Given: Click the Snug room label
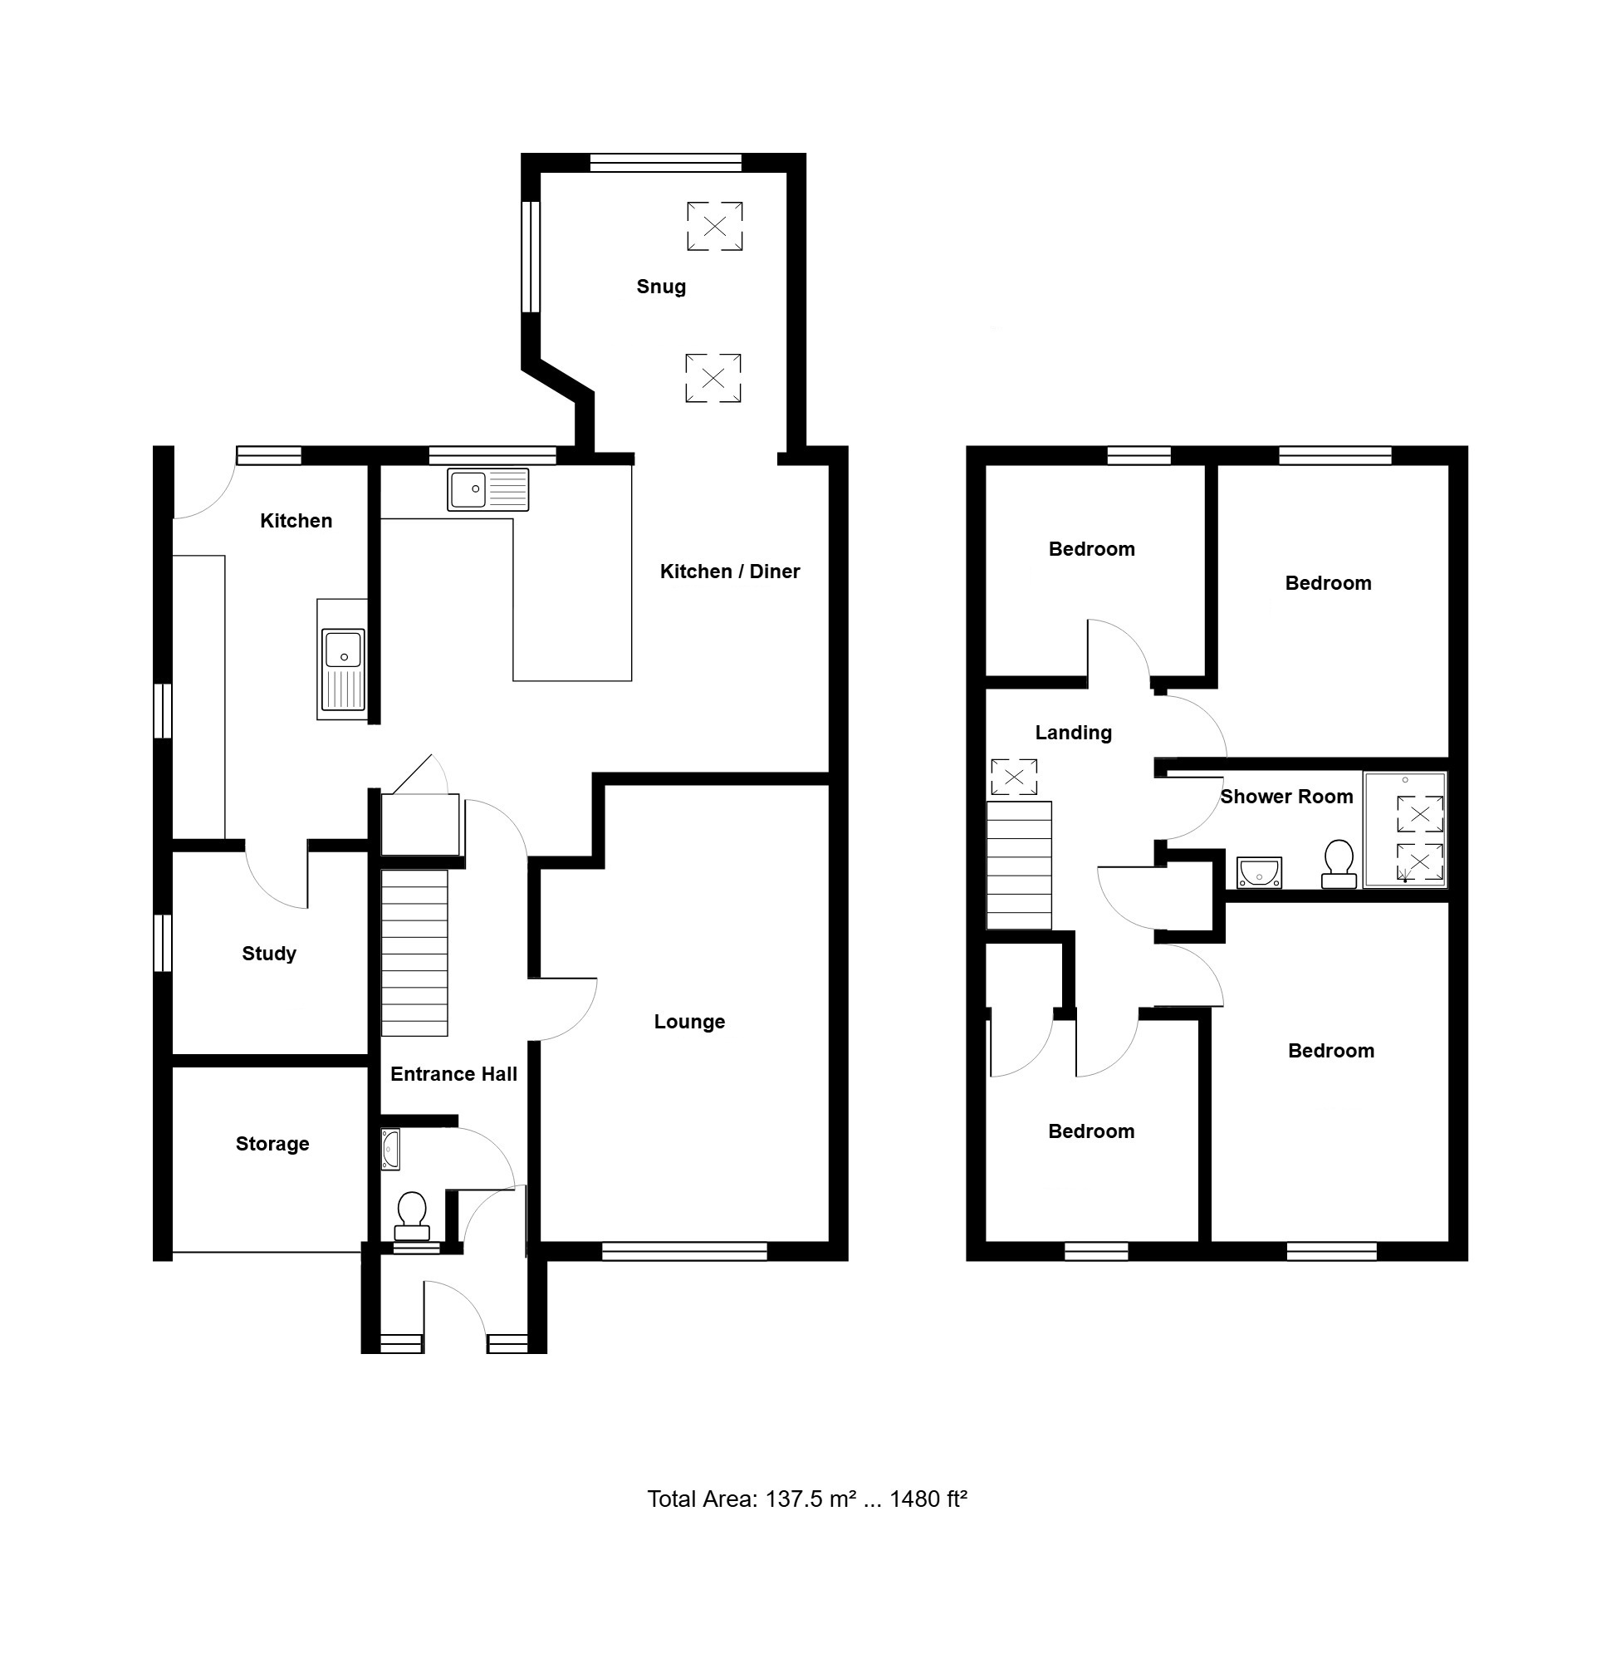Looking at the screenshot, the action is [661, 287].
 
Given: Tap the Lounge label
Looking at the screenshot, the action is [689, 1022].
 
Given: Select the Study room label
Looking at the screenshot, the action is [269, 954].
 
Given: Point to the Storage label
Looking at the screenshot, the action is [272, 1144].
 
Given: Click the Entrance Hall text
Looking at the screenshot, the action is [454, 1074].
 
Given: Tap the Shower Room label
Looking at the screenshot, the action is [1286, 797].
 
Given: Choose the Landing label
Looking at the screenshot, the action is [1073, 733].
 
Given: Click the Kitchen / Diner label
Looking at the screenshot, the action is [730, 571].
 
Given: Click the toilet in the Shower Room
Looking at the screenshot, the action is [1339, 864].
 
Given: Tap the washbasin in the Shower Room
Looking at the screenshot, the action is [1259, 872].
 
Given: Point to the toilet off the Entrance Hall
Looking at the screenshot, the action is [412, 1215].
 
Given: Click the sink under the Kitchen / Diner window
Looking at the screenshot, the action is [488, 490].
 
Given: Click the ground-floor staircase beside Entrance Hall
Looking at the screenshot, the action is [414, 953].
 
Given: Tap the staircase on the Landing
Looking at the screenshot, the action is [1019, 865].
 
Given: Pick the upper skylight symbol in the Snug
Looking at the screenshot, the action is [715, 226].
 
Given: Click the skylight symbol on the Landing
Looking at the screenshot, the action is [1014, 778].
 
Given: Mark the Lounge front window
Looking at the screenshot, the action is [684, 1251].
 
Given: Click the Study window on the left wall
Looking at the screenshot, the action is [162, 942].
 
